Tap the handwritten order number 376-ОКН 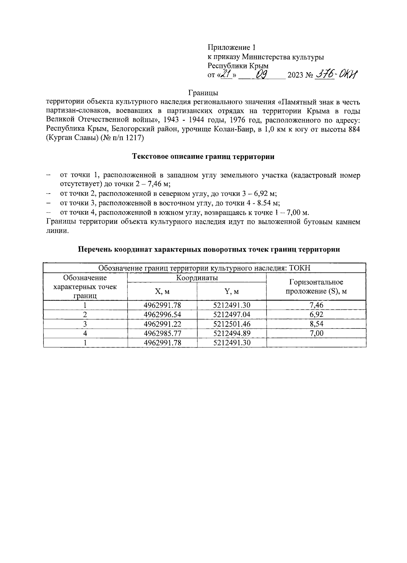click(336, 74)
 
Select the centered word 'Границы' click(203, 93)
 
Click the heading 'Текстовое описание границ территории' click(203, 157)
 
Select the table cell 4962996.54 click(162, 314)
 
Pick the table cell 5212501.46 click(232, 324)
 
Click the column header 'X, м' click(162, 291)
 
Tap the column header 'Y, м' click(232, 291)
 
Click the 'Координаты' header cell click(197, 278)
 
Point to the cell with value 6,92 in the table click(316, 314)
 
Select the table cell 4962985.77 click(162, 333)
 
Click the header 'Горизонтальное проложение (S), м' click(316, 287)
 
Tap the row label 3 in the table click(85, 324)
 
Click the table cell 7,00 click(316, 333)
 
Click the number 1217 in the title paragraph click(135, 138)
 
